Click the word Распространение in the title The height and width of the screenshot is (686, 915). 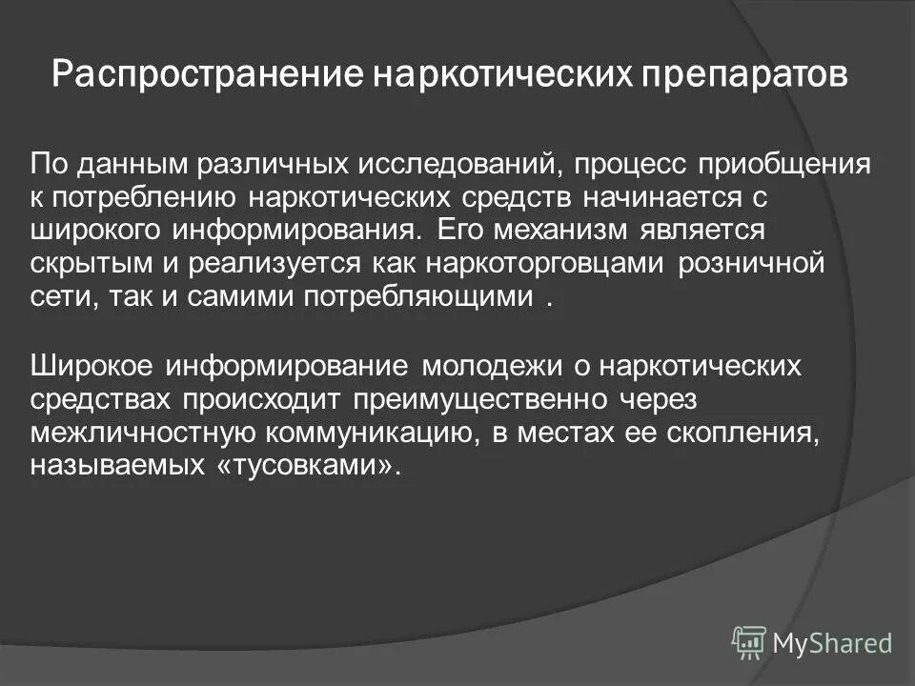tap(203, 74)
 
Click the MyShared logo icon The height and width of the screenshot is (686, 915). tap(748, 641)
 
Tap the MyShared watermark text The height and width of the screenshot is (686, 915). tap(832, 643)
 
